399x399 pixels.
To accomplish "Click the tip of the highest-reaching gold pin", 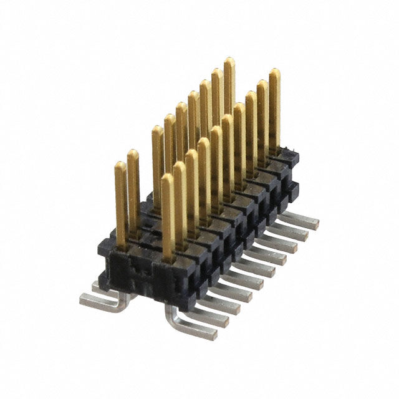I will point(229,60).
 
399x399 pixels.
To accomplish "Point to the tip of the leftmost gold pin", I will point(120,165).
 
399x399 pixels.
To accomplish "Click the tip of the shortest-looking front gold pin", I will point(167,177).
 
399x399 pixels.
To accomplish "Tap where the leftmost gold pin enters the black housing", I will point(122,247).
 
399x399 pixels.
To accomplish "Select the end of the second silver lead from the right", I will point(301,233).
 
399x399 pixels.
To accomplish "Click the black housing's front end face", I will point(134,271).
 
